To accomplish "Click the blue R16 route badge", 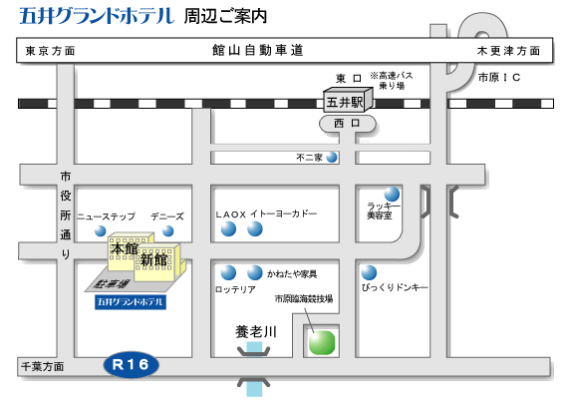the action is (x=132, y=364).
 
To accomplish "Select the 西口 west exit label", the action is (x=347, y=124).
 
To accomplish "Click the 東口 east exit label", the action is (x=349, y=78).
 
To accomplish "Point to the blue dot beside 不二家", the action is (x=332, y=157).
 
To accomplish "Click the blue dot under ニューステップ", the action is (x=101, y=230).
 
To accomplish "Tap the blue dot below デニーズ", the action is (x=167, y=230).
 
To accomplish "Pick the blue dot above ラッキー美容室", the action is (x=392, y=194).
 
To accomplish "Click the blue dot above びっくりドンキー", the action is (x=369, y=273).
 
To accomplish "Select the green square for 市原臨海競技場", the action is (x=322, y=342).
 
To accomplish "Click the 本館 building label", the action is (x=125, y=248).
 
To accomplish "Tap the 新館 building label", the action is (x=153, y=260).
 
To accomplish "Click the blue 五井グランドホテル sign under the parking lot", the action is (x=131, y=302).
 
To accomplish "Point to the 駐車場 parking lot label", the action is (x=111, y=283).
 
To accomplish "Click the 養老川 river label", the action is (x=256, y=332).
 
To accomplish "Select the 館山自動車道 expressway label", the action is (x=258, y=50).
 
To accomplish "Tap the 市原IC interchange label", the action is (x=499, y=78).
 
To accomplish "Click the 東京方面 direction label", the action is (x=50, y=51).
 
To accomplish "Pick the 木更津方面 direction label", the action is (x=508, y=51).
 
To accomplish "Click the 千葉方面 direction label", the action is (x=42, y=367).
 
